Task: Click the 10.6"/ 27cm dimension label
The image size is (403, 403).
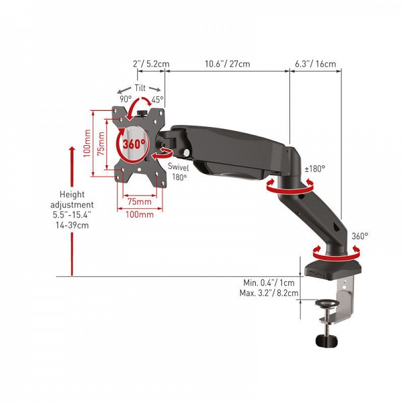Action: (x=227, y=64)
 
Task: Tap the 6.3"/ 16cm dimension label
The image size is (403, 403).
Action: (x=315, y=64)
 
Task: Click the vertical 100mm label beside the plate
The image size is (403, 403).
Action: (x=87, y=142)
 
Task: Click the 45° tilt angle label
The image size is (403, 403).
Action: (x=158, y=99)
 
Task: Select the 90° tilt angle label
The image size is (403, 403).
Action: (x=125, y=99)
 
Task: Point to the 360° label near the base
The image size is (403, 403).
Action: (x=360, y=236)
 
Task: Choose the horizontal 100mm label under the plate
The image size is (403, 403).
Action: (x=139, y=214)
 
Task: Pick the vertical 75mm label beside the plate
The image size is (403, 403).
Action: (x=100, y=142)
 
